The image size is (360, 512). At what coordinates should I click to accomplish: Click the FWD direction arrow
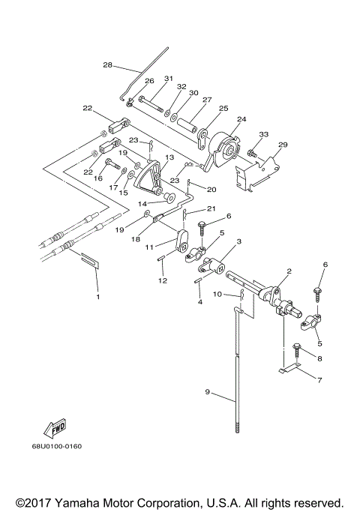pos(55,428)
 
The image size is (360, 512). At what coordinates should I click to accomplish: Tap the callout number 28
pos(107,65)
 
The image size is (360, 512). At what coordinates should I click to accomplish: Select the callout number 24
pos(241,119)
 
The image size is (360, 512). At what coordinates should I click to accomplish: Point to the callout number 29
pos(283,144)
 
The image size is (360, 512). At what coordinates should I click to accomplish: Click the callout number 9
pos(208,391)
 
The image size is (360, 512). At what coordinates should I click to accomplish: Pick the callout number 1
pos(97,297)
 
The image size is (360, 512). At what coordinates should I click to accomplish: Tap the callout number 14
pos(142,204)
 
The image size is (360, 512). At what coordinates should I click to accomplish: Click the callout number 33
pos(264,134)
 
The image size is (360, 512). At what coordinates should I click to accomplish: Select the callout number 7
pos(319,380)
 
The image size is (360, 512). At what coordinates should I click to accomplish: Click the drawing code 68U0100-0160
pos(57,446)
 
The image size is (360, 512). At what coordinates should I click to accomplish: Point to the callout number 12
pos(163,280)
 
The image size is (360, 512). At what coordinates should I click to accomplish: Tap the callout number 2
pos(289,271)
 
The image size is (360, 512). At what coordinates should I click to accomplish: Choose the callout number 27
pos(207,100)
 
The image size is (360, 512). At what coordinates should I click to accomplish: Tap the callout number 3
pos(238,241)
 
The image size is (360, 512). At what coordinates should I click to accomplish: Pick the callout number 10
pos(217,294)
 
